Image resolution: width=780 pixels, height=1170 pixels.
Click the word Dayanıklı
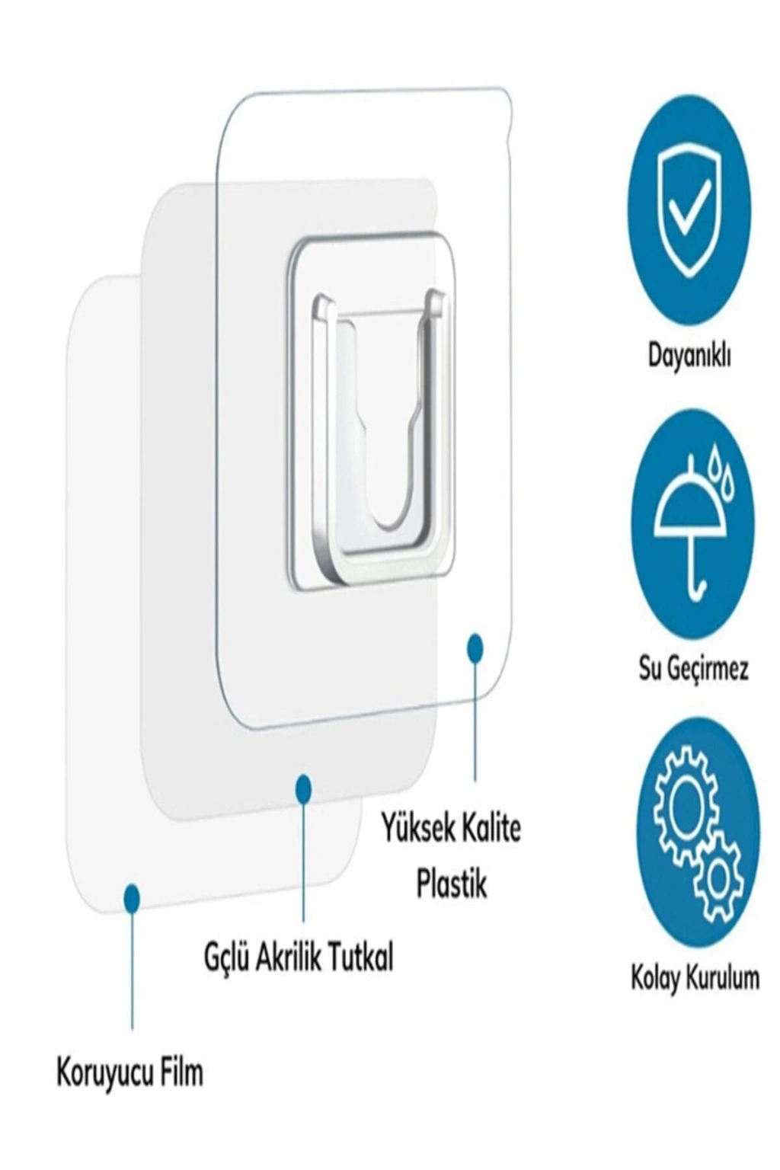coord(689,357)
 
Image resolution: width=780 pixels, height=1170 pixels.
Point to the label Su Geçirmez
coord(692,667)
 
